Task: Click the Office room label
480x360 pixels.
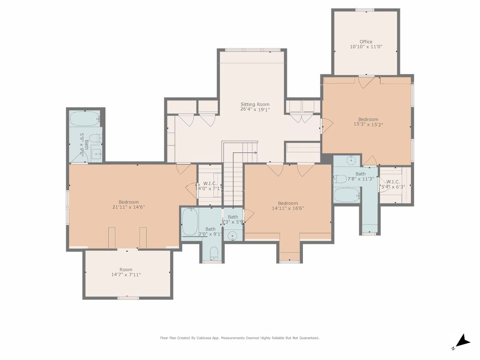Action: pos(366,42)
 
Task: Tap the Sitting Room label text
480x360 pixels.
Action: pos(255,104)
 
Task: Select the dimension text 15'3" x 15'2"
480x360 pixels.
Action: pos(368,124)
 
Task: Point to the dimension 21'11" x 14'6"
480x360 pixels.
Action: pos(129,207)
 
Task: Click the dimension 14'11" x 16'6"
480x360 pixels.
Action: pos(288,208)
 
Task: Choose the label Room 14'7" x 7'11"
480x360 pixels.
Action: pos(126,272)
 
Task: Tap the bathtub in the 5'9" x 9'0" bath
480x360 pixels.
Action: pos(85,119)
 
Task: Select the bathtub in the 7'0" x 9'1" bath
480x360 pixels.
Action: pos(190,221)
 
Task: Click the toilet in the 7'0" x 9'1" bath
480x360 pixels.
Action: pos(214,254)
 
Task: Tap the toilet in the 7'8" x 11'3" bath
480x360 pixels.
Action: pos(340,178)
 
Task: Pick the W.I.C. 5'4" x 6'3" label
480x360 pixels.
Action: pos(393,184)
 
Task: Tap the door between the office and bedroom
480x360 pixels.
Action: pos(366,81)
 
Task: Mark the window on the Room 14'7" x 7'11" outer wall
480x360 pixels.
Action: pos(128,298)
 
